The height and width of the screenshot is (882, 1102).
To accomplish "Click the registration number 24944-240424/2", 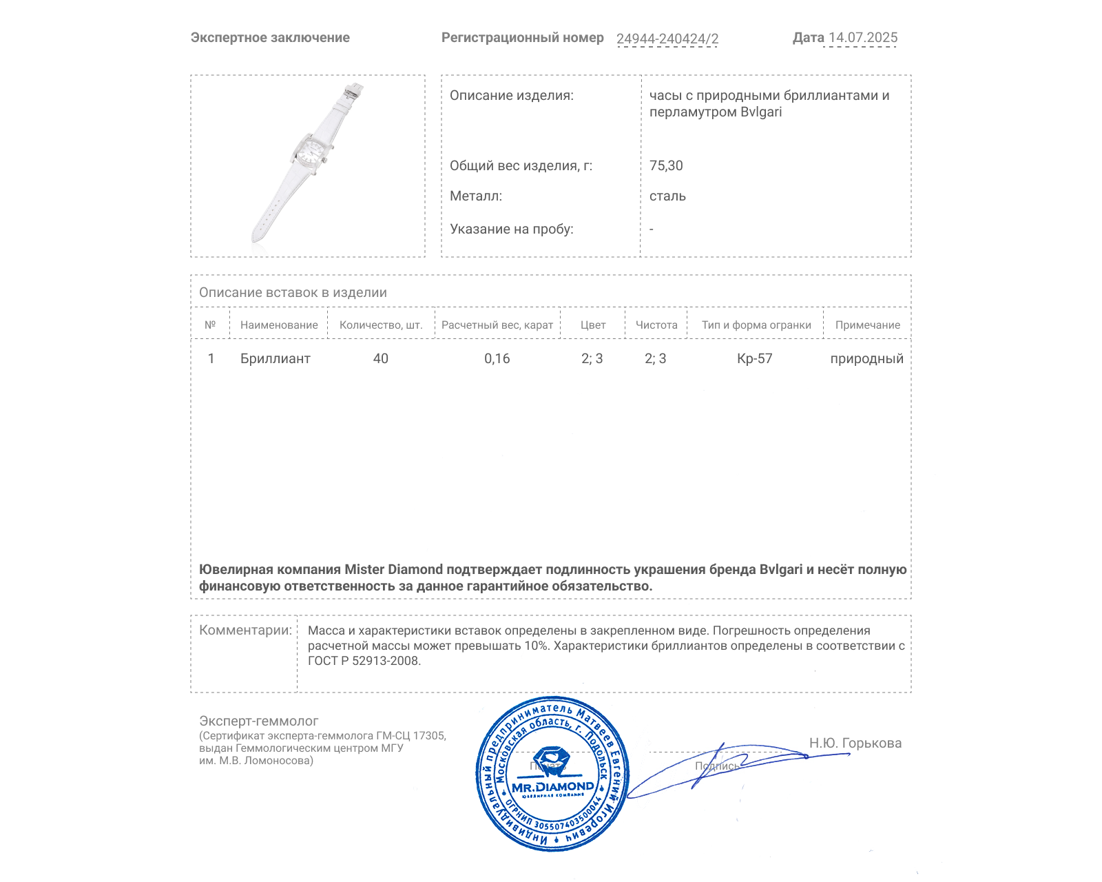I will [667, 39].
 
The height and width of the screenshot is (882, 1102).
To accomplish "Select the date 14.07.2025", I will [862, 38].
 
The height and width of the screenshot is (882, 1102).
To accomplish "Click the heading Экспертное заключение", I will [270, 38].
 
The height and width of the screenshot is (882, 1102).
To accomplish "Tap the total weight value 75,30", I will [666, 165].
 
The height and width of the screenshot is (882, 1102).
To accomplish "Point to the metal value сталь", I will [667, 196].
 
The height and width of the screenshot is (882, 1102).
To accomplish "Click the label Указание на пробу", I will [511, 229].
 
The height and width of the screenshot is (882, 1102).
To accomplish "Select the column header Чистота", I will [656, 325].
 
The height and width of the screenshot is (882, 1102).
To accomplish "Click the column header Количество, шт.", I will [381, 325].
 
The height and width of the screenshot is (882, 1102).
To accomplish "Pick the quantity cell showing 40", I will [380, 358].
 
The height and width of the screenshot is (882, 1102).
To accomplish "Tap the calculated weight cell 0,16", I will [497, 358].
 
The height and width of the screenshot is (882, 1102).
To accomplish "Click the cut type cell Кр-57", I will [754, 358].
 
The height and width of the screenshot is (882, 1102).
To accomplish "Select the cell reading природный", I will [866, 358].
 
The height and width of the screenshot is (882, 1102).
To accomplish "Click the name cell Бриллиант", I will [275, 358].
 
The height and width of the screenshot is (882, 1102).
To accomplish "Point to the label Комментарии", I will [245, 630].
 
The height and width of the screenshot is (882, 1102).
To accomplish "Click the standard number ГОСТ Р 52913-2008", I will [364, 661].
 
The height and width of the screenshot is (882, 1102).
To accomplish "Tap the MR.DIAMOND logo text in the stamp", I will [552, 787].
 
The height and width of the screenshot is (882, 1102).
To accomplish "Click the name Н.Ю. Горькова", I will [855, 743].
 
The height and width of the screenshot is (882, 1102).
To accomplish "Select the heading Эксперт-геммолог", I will [258, 721].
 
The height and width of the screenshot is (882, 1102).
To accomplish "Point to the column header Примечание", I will [867, 325].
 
